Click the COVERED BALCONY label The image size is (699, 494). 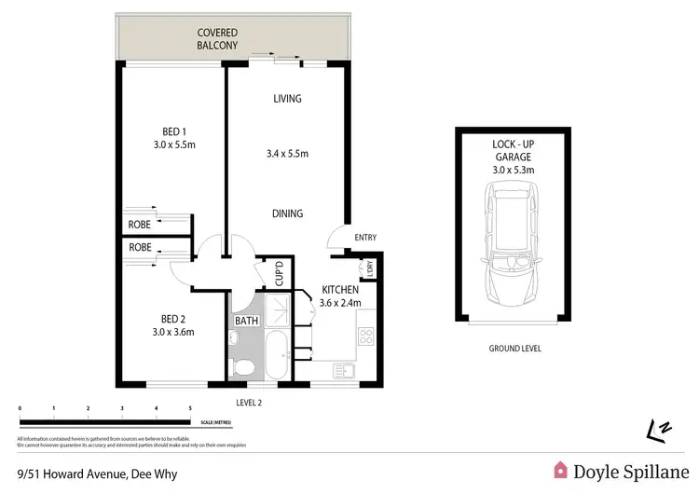(x=218, y=38)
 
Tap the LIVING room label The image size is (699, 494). (x=287, y=99)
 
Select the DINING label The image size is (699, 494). (x=287, y=213)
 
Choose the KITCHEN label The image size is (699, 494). (x=340, y=290)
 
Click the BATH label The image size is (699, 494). (x=246, y=321)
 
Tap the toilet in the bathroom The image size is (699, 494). (x=241, y=366)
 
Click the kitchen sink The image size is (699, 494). (x=344, y=371)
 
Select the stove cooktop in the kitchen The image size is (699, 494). (x=366, y=338)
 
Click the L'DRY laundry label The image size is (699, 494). (x=370, y=268)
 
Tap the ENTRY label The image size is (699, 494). (x=365, y=238)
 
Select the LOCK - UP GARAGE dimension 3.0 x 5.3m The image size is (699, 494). (x=512, y=170)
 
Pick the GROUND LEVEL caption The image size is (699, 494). (x=514, y=349)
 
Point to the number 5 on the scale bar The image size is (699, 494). (x=190, y=409)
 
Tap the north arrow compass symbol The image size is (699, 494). (x=657, y=430)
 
